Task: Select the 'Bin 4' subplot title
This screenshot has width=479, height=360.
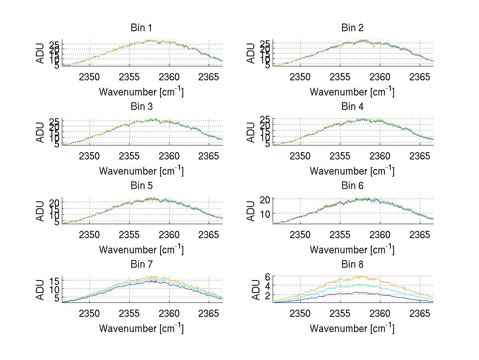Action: click(x=352, y=107)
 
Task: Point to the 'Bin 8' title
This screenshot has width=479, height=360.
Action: click(x=352, y=265)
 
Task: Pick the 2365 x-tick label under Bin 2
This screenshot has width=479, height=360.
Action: click(x=420, y=77)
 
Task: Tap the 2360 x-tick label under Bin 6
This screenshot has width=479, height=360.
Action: click(x=380, y=235)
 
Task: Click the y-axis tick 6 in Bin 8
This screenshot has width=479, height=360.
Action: click(x=268, y=276)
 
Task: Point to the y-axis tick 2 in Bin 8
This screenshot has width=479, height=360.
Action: click(x=268, y=295)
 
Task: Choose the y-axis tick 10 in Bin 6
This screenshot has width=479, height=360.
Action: click(x=265, y=214)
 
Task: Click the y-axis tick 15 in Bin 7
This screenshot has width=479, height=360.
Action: click(x=54, y=281)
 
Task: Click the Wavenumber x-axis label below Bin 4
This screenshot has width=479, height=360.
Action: click(x=352, y=171)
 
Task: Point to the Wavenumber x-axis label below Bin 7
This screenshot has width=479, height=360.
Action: click(x=141, y=328)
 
